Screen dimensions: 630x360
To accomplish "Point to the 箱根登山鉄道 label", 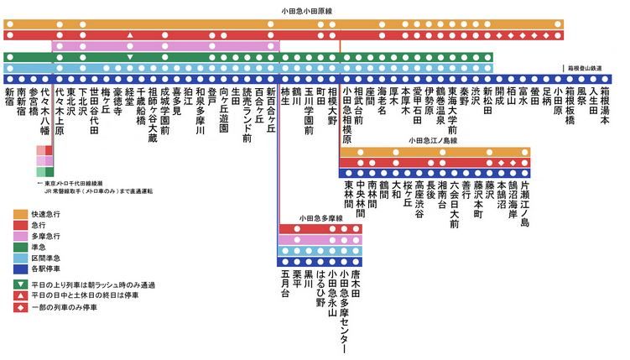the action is click(587, 66).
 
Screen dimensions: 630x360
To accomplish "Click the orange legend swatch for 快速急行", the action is click(23, 215).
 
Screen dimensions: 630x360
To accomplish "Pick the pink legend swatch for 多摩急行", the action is click(23, 237).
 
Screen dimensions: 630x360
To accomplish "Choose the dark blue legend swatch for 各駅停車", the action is click(23, 269).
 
